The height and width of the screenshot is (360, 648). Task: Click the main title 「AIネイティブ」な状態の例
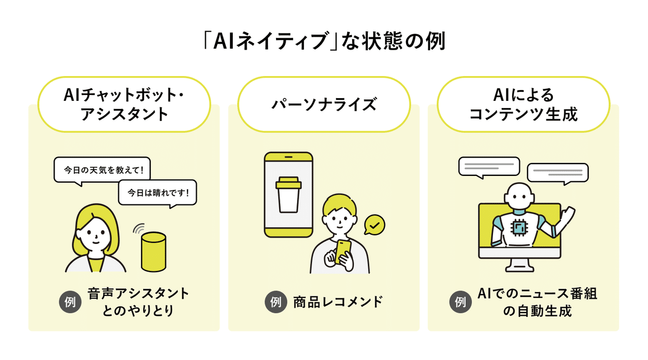[324, 42]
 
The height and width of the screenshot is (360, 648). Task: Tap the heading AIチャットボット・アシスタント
[124, 104]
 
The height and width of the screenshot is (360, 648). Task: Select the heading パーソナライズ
[324, 104]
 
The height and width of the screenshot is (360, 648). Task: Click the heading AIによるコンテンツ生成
[524, 104]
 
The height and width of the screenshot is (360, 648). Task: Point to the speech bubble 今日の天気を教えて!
[102, 171]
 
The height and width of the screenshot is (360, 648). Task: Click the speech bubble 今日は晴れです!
[158, 193]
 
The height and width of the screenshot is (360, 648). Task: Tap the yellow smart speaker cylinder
[153, 252]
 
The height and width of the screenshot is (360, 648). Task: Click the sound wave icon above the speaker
[139, 228]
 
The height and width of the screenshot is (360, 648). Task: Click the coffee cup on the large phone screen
[288, 195]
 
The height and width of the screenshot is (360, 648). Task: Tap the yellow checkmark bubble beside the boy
[374, 225]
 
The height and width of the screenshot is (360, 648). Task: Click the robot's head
[519, 197]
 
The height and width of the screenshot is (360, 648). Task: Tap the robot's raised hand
[568, 214]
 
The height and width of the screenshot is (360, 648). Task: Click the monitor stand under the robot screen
[519, 265]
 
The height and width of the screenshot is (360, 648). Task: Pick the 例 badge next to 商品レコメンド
[276, 302]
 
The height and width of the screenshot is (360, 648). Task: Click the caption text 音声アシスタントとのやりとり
[138, 302]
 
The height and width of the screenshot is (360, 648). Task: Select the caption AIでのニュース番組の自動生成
[537, 302]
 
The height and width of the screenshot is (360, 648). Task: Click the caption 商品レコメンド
[337, 302]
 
